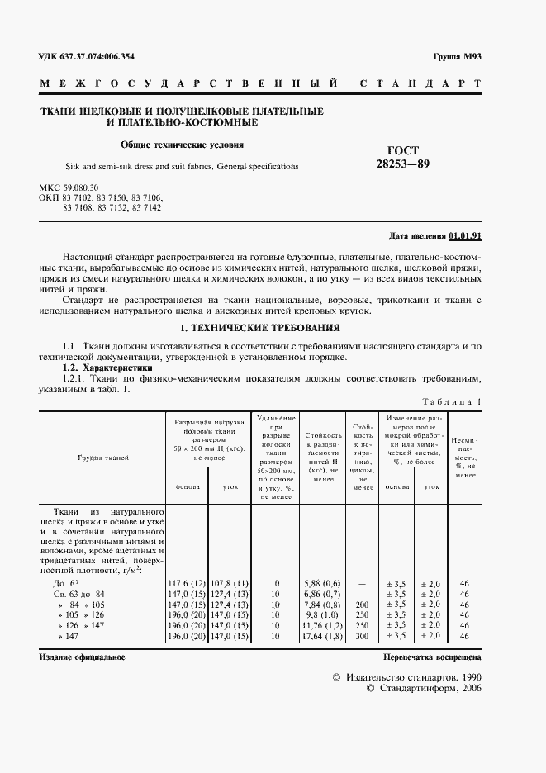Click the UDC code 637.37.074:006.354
[x=87, y=57]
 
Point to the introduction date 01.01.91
[x=466, y=235]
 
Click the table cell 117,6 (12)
[x=188, y=583]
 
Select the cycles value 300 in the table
[x=363, y=637]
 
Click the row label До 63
[x=65, y=583]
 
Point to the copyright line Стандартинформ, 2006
[x=423, y=688]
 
